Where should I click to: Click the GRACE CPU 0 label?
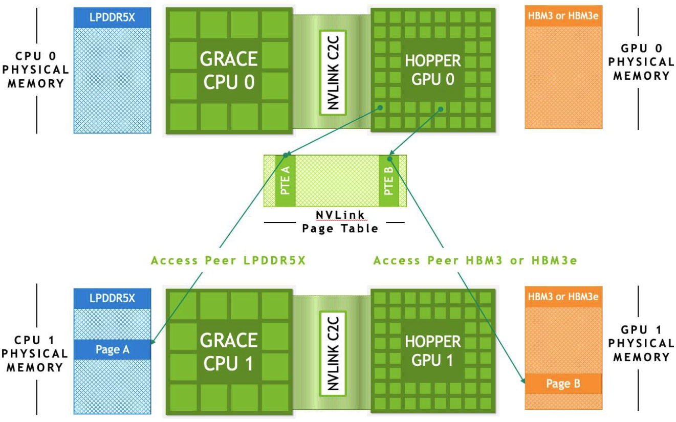(x=228, y=71)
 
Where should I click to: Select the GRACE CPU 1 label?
(x=228, y=352)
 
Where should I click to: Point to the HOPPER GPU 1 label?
(x=433, y=351)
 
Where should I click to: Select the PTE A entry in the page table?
(x=286, y=181)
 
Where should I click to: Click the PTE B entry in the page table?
(x=389, y=181)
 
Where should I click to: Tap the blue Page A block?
(x=113, y=350)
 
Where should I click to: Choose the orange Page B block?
(x=563, y=383)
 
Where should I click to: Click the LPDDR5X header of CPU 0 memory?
(x=113, y=17)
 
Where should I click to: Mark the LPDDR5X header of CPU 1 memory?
(x=113, y=298)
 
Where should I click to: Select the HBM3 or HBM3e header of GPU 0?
(x=563, y=16)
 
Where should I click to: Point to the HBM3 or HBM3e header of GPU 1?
(x=563, y=297)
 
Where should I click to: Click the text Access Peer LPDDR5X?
(x=228, y=260)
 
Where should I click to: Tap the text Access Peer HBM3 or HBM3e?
(x=475, y=260)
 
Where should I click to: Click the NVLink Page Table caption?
(x=340, y=222)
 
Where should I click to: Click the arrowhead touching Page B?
(x=523, y=381)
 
